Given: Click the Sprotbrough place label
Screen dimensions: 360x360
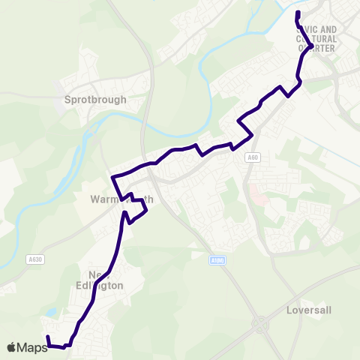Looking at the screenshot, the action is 96,98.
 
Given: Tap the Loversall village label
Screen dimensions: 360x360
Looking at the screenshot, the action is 308,308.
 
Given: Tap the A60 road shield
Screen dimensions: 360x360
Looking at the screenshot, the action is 254,157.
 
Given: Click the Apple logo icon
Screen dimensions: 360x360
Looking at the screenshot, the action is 11,347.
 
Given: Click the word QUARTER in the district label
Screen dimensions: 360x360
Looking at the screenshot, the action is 316,48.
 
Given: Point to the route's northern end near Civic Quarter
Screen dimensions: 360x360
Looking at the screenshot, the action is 298,12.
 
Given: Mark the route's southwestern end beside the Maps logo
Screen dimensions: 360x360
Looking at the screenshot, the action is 46,337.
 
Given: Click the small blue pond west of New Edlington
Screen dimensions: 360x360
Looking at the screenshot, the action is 50,311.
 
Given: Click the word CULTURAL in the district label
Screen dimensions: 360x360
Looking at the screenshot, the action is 316,39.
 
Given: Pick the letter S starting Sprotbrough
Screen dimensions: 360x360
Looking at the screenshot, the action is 68,98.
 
